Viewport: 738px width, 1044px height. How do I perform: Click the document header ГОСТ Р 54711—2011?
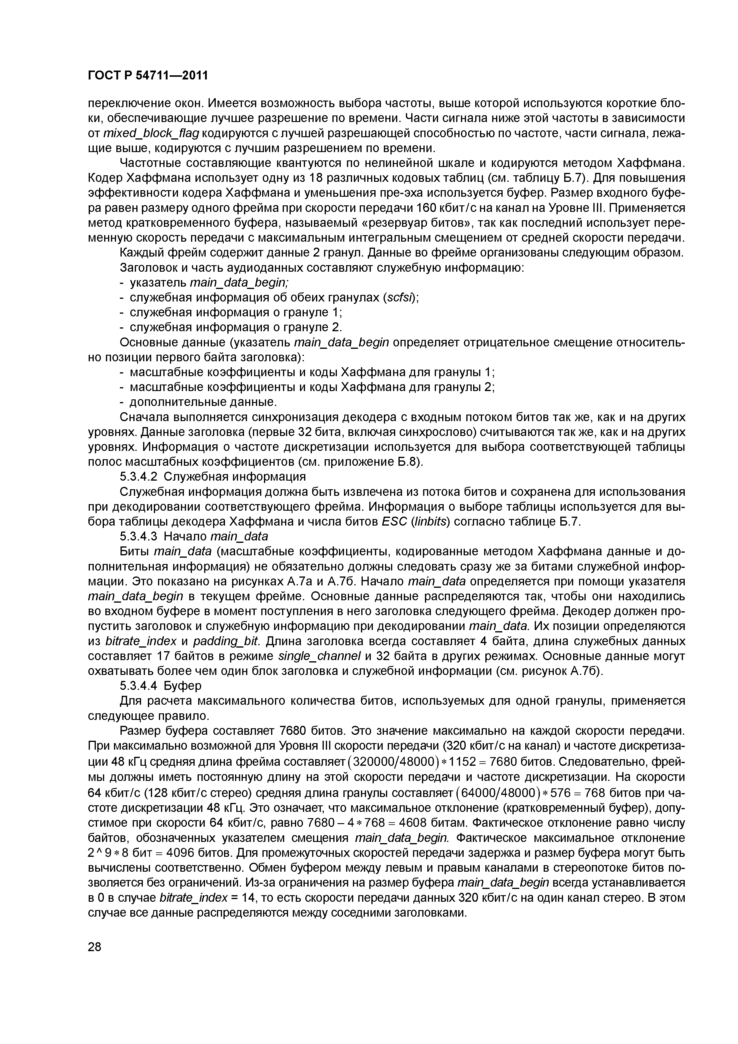[147, 75]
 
